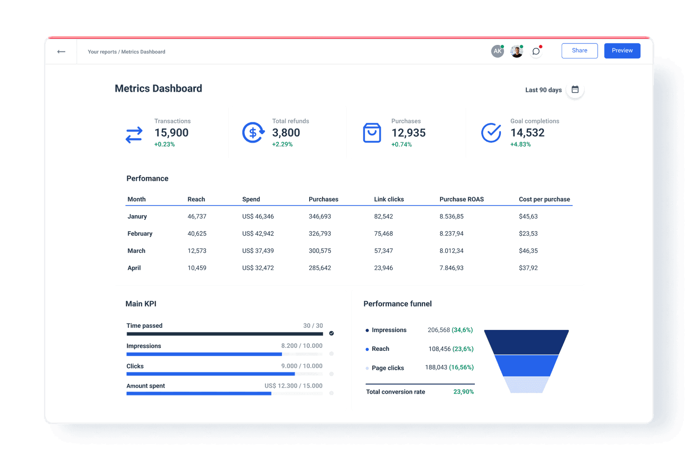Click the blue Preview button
(x=622, y=50)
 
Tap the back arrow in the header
(x=61, y=52)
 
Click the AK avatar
(x=497, y=51)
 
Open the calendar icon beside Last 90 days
(x=575, y=90)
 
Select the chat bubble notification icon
(x=536, y=51)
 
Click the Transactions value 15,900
(x=171, y=133)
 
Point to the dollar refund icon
(x=253, y=133)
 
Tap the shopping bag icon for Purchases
(x=372, y=133)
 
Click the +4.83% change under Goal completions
(x=520, y=145)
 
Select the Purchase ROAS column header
(x=461, y=199)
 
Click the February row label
(x=140, y=234)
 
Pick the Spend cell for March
(x=258, y=251)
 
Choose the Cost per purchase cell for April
(x=528, y=268)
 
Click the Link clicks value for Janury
(x=383, y=216)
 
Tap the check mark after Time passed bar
(x=332, y=333)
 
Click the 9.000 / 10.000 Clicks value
(x=301, y=366)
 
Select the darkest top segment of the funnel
(x=526, y=342)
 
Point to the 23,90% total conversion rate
(x=463, y=392)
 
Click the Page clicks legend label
(x=387, y=368)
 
